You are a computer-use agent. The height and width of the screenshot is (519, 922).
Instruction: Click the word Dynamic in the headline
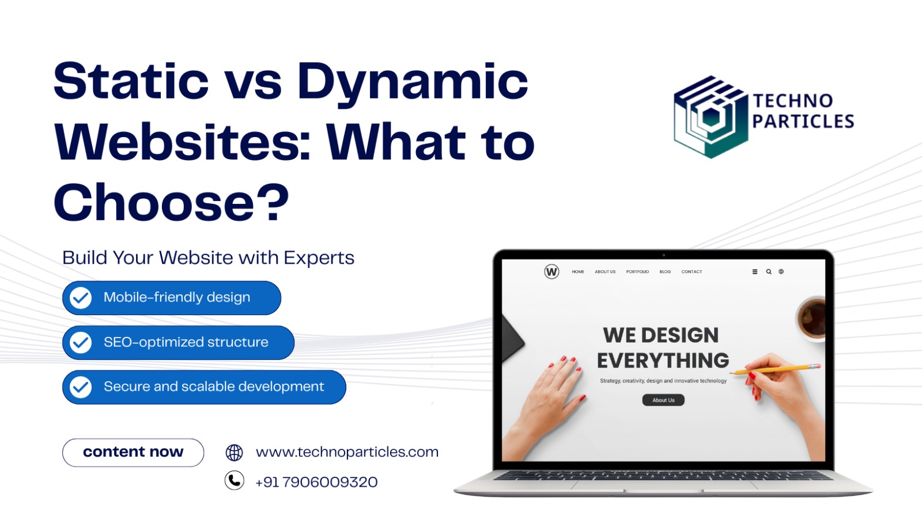click(x=413, y=83)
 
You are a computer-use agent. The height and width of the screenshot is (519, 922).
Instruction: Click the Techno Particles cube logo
click(x=711, y=117)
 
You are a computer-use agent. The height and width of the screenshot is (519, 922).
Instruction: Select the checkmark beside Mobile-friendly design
click(x=80, y=298)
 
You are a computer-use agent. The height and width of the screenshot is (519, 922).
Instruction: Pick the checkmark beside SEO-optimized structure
click(x=80, y=342)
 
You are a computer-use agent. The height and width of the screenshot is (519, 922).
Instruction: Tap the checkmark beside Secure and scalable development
click(x=80, y=387)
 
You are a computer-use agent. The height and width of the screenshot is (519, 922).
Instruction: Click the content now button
click(x=133, y=452)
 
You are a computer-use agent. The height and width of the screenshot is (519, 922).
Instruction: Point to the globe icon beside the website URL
click(x=234, y=452)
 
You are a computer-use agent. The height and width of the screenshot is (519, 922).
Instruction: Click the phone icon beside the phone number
click(x=234, y=480)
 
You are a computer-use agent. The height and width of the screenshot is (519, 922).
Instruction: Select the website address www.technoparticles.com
click(x=347, y=452)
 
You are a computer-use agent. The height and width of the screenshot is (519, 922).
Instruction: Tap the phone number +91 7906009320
click(x=316, y=482)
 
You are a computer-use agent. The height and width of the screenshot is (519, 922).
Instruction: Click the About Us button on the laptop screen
click(x=663, y=400)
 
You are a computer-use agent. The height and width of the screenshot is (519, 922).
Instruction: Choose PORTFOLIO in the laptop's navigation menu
click(x=637, y=272)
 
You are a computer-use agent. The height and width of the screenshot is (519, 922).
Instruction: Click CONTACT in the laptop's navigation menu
click(x=691, y=272)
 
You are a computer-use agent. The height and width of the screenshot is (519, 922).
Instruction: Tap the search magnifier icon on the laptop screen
click(x=769, y=272)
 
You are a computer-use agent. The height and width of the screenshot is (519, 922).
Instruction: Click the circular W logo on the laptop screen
click(x=551, y=272)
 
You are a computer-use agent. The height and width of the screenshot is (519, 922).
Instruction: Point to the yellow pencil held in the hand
click(x=775, y=369)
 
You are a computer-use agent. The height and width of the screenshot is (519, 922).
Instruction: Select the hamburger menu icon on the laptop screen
click(x=755, y=272)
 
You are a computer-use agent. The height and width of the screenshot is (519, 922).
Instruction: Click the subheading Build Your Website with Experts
click(x=208, y=258)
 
